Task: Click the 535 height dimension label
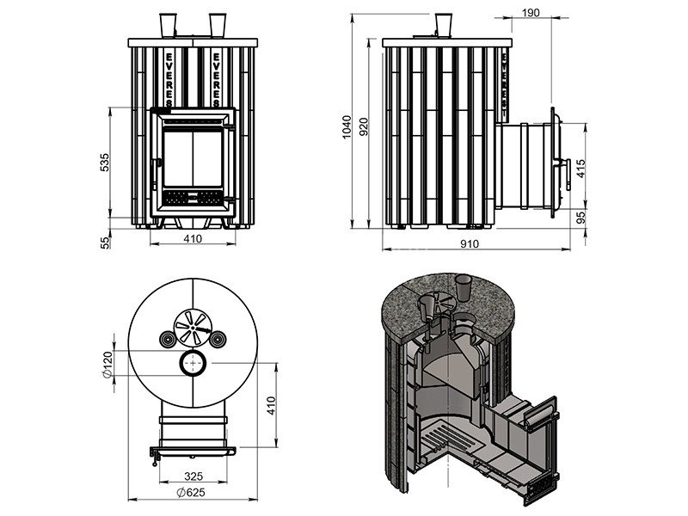104,163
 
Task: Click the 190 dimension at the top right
531,12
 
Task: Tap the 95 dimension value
580,218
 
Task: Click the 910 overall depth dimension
470,243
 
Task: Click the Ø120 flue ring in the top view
193,364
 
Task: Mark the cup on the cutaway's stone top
464,286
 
